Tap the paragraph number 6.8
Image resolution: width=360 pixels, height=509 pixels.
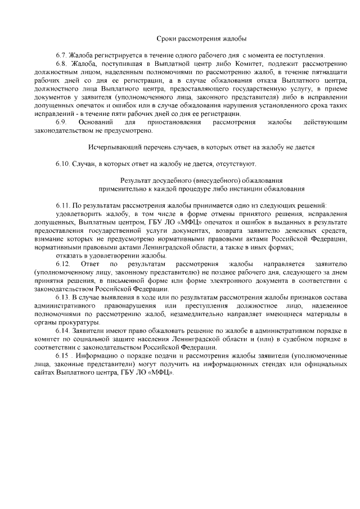pos(61,65)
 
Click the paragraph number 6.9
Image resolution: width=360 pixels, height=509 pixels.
pos(61,121)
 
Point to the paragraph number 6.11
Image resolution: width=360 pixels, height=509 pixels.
pos(63,205)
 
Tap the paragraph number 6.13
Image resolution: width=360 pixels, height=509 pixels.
pos(63,296)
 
